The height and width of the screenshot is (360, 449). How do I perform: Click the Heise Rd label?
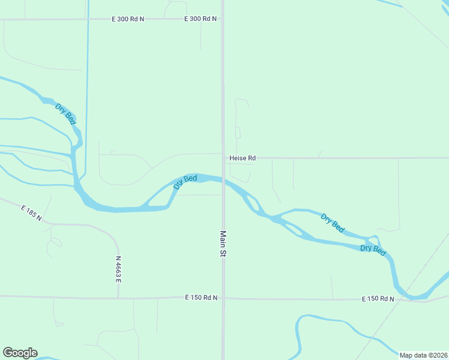243,158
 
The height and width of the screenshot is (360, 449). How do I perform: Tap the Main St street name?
223,244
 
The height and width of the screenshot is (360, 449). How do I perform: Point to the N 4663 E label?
119,269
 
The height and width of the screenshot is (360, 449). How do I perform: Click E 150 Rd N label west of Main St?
201,298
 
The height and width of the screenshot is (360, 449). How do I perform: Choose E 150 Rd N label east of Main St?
378,299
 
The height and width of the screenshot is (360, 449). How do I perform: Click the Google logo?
20,353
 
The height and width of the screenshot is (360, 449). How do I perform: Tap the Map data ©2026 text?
423,355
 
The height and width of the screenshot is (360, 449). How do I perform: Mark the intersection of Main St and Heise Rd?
223,158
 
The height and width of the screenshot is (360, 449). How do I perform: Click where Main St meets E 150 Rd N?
223,298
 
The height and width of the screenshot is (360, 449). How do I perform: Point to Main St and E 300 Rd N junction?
223,19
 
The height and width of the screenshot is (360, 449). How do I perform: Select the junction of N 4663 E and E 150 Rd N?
118,298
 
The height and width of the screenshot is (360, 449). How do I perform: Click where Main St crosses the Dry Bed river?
223,179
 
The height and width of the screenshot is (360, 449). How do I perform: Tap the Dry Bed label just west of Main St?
185,181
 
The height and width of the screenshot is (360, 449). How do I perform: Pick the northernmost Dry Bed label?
65,114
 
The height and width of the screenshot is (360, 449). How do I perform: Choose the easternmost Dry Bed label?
373,250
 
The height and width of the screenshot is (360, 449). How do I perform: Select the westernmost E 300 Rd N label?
128,19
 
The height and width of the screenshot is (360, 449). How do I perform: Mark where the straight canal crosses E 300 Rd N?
88,19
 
